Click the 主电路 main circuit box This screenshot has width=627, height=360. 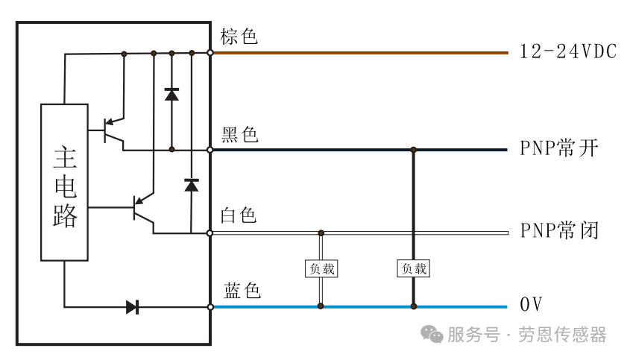64,182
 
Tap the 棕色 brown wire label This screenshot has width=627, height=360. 239,37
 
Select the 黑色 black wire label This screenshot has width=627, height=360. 240,135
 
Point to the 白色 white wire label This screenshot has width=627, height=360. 239,215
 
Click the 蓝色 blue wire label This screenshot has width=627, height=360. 242,291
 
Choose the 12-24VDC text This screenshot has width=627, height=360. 568,52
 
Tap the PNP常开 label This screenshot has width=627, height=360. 559,148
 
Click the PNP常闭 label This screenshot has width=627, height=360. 559,230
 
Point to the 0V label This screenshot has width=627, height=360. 531,304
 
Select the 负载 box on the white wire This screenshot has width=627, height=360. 321,268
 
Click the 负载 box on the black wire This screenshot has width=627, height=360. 414,268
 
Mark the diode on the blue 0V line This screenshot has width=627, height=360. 133,307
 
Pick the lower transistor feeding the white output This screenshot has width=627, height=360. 143,208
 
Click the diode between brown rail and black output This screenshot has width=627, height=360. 171,95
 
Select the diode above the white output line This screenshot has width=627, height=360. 192,186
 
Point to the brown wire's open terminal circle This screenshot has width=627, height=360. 210,53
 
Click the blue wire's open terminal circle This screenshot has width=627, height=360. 210,307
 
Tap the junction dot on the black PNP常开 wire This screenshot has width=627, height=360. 414,150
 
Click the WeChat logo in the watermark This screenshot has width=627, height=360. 432,334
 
